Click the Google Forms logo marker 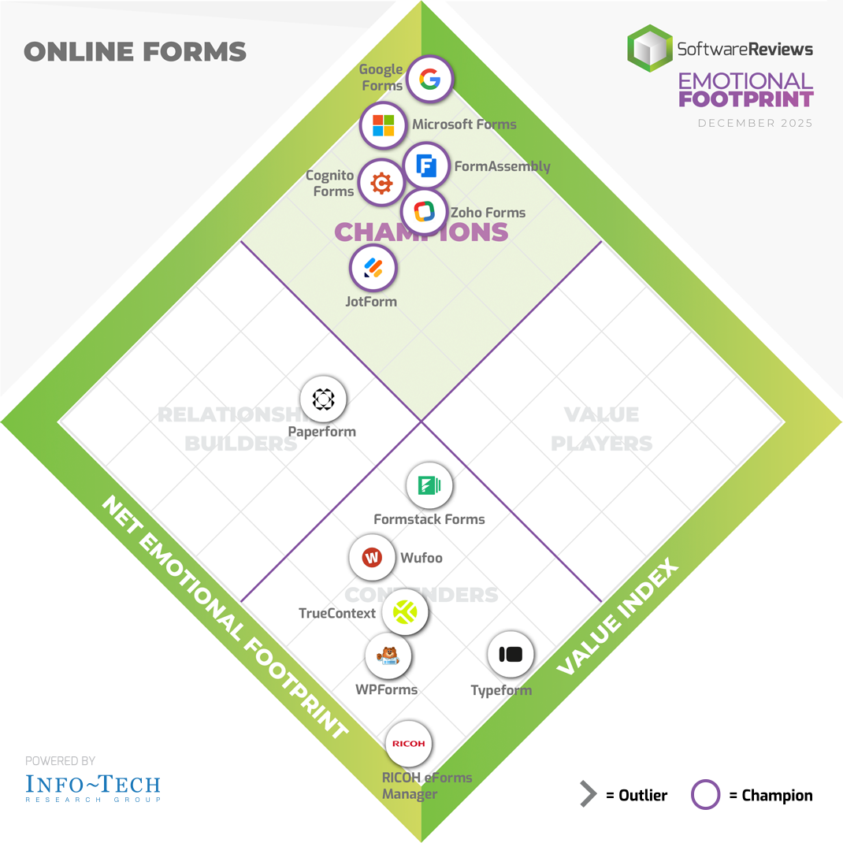pos(429,79)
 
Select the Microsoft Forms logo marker pos(383,124)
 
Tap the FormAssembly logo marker pos(426,166)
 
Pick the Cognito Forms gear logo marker pos(381,184)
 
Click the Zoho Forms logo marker pos(424,211)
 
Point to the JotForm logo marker pos(373,268)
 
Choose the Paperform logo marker pos(324,399)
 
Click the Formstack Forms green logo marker pos(429,486)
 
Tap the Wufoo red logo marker pos(372,558)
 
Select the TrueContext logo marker pos(405,611)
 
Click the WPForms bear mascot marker pos(388,655)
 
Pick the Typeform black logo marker pos(511,654)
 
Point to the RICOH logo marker pos(408,744)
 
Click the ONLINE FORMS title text pos(135,53)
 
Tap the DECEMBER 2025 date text pos(755,124)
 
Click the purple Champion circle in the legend pos(705,794)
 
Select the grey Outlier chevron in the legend pos(588,794)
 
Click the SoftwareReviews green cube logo pos(649,48)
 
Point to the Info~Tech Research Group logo pos(93,785)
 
